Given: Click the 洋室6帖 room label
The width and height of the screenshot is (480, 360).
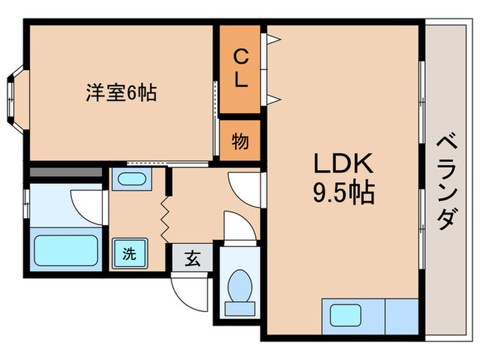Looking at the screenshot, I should (121, 93).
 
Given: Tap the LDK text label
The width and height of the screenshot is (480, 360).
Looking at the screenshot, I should (343, 164).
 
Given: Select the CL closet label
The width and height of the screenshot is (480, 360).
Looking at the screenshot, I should (240, 68).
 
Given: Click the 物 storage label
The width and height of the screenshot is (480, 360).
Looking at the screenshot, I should (240, 142).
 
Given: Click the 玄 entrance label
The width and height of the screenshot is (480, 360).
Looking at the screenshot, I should (193, 259).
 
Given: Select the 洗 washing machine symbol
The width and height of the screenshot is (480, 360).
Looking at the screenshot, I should (129, 252).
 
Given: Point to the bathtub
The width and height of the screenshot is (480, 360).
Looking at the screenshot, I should (66, 251).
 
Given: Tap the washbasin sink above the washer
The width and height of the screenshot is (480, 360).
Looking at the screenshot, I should (130, 180).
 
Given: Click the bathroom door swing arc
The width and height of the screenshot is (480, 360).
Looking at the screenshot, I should (86, 202).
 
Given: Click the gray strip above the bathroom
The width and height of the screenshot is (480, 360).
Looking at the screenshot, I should (64, 173).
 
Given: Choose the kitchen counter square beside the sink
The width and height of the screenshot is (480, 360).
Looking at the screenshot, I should (401, 315).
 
